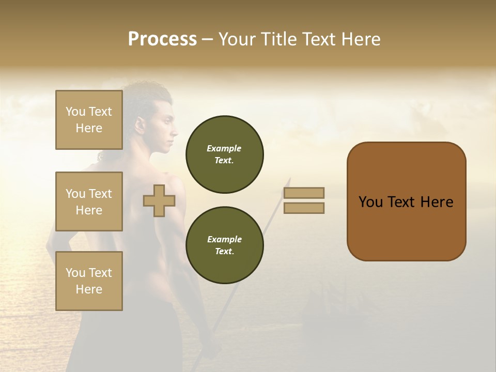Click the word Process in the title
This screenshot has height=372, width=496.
pyautogui.click(x=162, y=39)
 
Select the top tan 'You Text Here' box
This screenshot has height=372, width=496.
pyautogui.click(x=89, y=120)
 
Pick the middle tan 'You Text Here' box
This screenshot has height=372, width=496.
pyautogui.click(x=89, y=202)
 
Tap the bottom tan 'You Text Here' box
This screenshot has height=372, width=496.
pyautogui.click(x=89, y=281)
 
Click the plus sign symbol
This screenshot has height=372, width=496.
pyautogui.click(x=159, y=201)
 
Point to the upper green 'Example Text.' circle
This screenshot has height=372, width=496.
pyautogui.click(x=224, y=154)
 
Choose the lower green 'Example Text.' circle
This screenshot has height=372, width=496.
pyautogui.click(x=224, y=245)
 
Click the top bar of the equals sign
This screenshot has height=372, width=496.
pyautogui.click(x=304, y=193)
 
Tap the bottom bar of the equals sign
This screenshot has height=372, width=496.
pyautogui.click(x=304, y=208)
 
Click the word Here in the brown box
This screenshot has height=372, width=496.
pyautogui.click(x=437, y=202)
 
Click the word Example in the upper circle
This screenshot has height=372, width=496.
pyautogui.click(x=224, y=148)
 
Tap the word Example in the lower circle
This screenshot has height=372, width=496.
pyautogui.click(x=224, y=239)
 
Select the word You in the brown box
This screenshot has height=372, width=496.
pyautogui.click(x=370, y=202)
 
